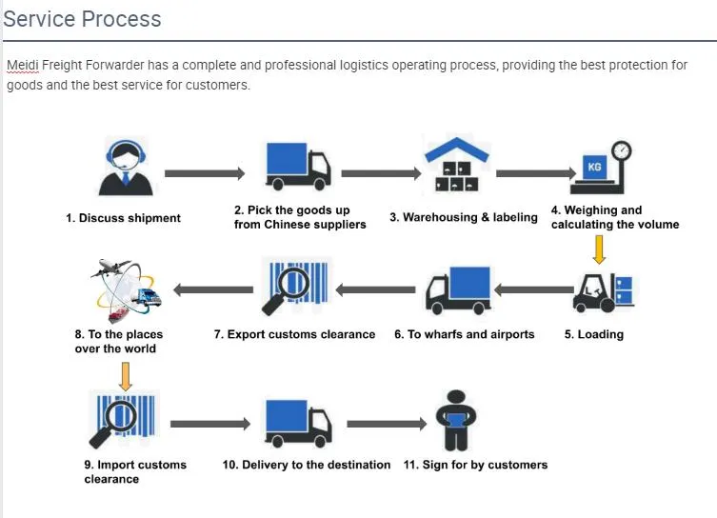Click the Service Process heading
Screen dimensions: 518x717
click(x=83, y=19)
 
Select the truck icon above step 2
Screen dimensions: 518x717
click(x=297, y=166)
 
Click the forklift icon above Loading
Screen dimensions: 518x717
click(x=601, y=289)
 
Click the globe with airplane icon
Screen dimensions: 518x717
click(x=127, y=289)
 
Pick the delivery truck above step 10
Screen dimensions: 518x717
click(x=297, y=422)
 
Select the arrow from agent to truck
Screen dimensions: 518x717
click(x=204, y=173)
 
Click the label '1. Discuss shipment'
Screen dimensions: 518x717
click(x=123, y=218)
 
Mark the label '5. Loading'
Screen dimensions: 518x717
click(x=593, y=334)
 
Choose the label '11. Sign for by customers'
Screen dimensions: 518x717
click(x=475, y=465)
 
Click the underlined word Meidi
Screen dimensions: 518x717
click(x=23, y=66)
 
